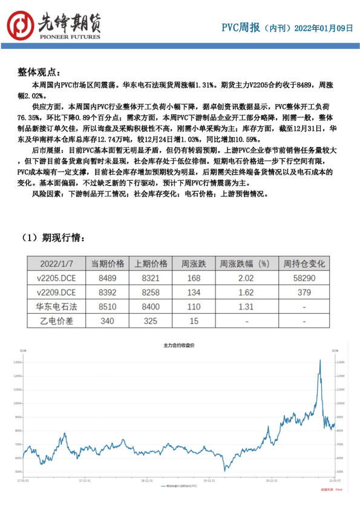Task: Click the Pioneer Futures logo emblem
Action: (x=21, y=25)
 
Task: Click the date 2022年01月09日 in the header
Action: (x=325, y=28)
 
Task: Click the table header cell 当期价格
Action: (x=108, y=264)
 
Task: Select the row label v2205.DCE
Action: (x=56, y=279)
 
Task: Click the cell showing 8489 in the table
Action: (x=108, y=279)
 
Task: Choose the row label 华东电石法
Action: (x=56, y=307)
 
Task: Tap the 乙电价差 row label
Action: (x=56, y=321)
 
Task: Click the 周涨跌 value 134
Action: (x=194, y=293)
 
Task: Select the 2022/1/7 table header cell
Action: (x=56, y=264)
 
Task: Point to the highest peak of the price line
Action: (x=319, y=360)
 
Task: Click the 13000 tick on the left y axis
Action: (x=18, y=362)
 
